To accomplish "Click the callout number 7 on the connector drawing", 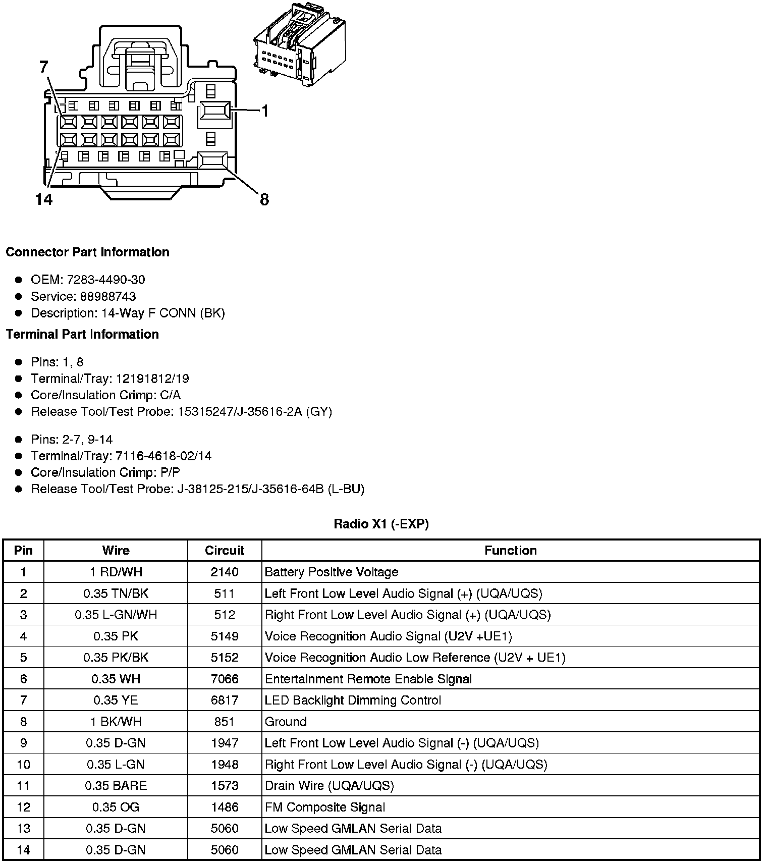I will click(44, 67).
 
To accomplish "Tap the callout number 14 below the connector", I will click(44, 200).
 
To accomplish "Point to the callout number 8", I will click(264, 200).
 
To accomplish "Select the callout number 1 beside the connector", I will click(264, 111).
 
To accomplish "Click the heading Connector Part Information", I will click(87, 252).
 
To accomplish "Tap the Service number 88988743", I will click(108, 296).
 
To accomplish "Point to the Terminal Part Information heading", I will click(82, 334).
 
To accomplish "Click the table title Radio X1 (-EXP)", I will click(381, 524).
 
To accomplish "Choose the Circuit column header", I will click(225, 550).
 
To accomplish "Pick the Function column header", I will click(510, 550).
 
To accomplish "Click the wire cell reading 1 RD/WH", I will click(116, 572).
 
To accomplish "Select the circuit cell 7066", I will click(225, 679).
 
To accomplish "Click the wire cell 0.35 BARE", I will click(116, 786).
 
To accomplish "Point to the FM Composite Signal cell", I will click(325, 807).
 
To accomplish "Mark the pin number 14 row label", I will click(23, 850).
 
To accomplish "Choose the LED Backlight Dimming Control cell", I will click(353, 700).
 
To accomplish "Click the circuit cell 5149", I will click(225, 636).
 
